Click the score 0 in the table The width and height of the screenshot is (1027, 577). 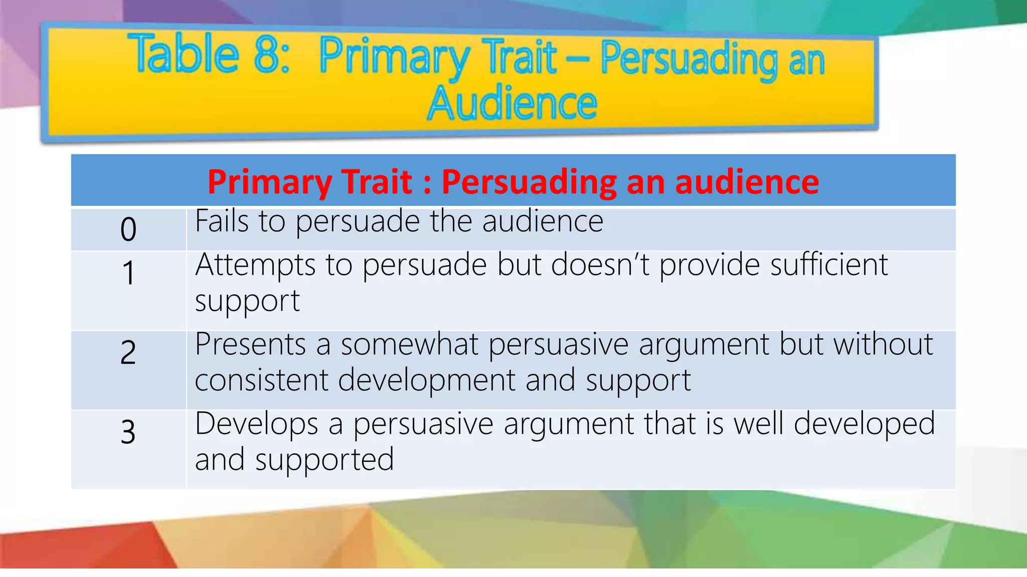click(128, 229)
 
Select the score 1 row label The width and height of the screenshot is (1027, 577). click(128, 273)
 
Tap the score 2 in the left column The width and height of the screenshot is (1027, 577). click(128, 352)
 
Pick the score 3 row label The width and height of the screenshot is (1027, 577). click(128, 432)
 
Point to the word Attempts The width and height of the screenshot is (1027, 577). click(255, 265)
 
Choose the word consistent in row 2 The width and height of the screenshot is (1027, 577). click(261, 380)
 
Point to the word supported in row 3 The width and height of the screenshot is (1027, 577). click(324, 460)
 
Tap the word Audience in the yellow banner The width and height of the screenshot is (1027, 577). click(512, 103)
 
